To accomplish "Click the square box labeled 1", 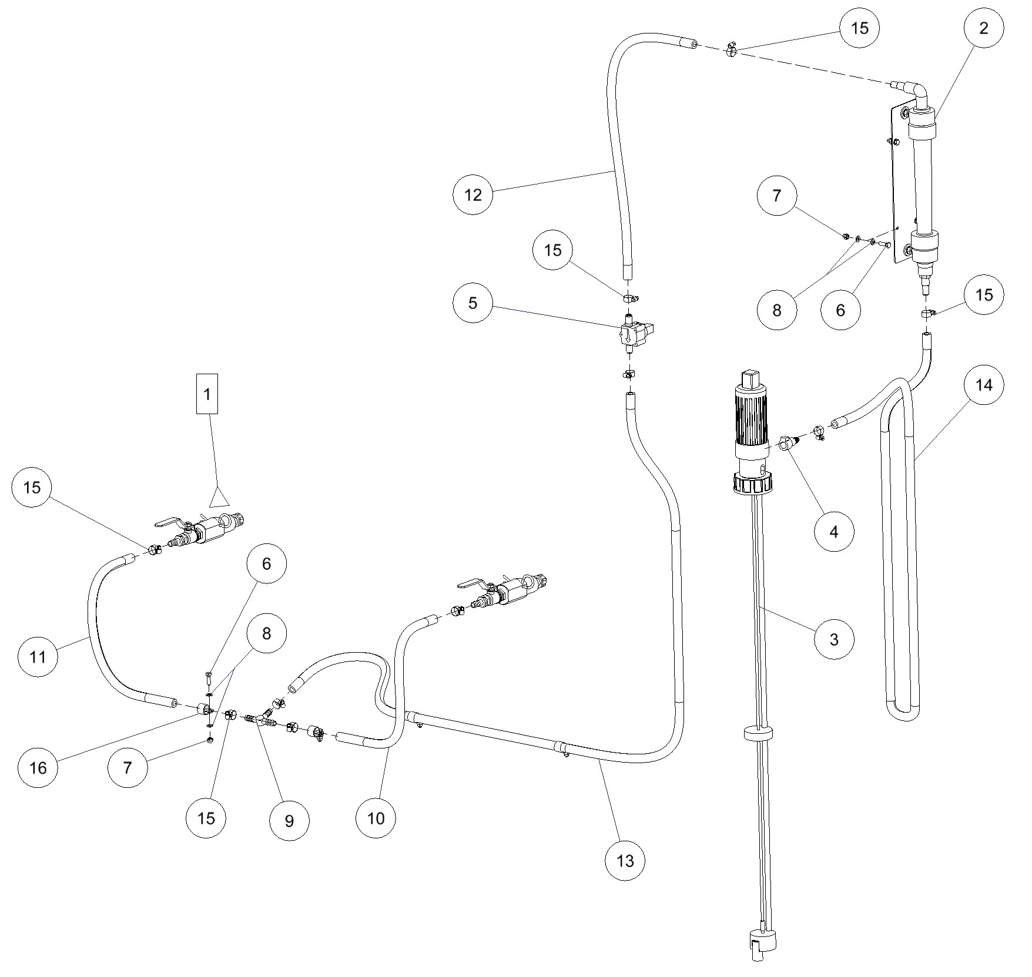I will [x=207, y=394].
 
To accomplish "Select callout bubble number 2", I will [x=984, y=28].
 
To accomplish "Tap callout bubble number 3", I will [x=834, y=639].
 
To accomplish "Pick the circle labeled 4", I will [x=833, y=532].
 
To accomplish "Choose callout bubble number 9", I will [x=289, y=821].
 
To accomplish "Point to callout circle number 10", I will [x=376, y=818].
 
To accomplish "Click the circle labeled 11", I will [x=38, y=657].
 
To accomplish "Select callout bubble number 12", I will [x=473, y=194].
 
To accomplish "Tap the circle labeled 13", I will [x=625, y=861].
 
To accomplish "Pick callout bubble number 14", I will [x=984, y=385].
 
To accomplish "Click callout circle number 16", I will [x=38, y=767].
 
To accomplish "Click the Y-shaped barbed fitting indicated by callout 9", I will [x=260, y=720].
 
